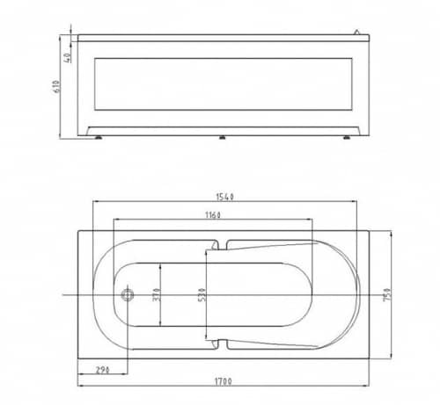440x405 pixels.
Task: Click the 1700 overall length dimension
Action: point(224,381)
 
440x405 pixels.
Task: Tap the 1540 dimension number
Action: point(224,197)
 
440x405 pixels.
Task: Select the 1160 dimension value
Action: point(213,215)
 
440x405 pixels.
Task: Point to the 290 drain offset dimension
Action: point(102,370)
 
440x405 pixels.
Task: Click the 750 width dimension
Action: point(387,294)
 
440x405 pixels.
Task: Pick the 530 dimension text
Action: point(202,295)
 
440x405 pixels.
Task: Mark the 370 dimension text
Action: point(157,295)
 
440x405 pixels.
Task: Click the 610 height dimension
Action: point(55,86)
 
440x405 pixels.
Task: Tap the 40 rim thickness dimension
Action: point(67,58)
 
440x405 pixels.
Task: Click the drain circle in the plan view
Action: point(128,294)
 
